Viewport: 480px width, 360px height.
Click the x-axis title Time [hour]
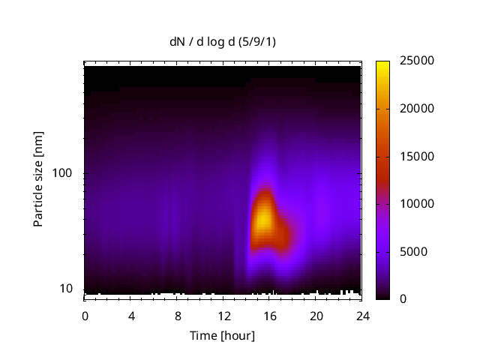tap(222, 335)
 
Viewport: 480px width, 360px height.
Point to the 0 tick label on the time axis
tap(85, 316)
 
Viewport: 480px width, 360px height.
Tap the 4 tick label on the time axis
tap(131, 316)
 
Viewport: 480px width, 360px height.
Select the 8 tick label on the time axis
tap(178, 316)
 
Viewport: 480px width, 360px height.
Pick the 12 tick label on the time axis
tap(223, 316)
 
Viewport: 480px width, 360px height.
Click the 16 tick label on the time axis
tap(270, 316)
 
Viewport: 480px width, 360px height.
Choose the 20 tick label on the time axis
tap(316, 316)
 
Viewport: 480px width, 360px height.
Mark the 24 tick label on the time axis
tap(362, 316)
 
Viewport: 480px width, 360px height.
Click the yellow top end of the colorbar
tap(382, 64)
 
